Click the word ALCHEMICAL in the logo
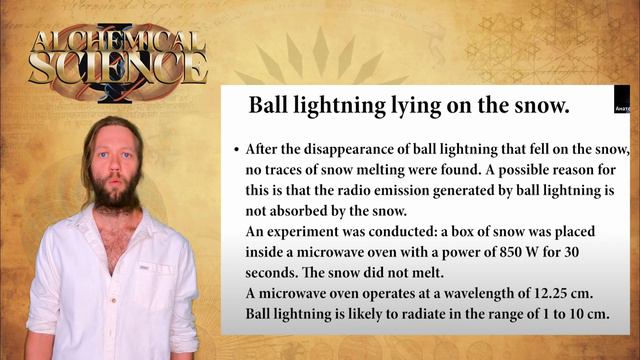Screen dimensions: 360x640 click(x=119, y=43)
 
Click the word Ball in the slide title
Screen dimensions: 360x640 click(x=269, y=104)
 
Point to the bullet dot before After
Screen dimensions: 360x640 click(x=236, y=149)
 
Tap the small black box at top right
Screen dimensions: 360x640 click(x=621, y=103)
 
